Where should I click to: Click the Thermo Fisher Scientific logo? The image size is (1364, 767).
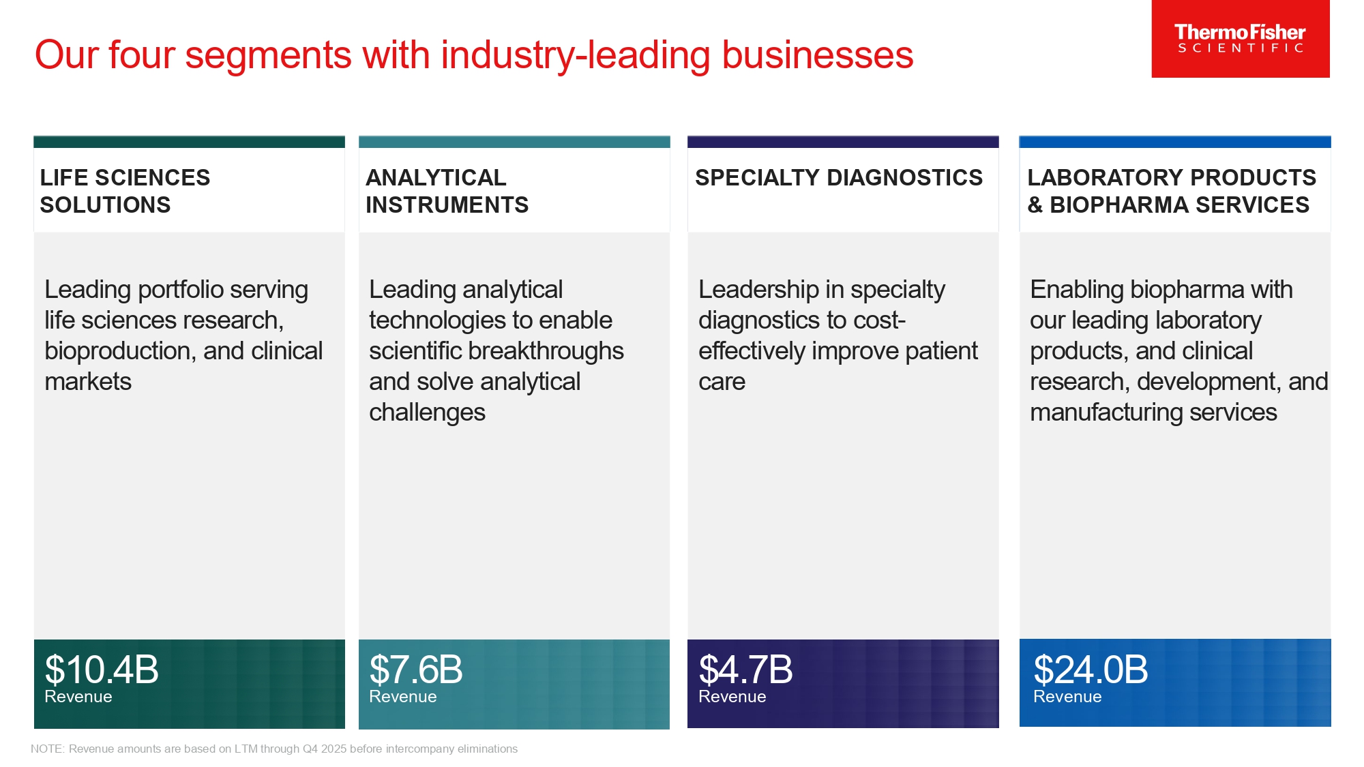(1240, 39)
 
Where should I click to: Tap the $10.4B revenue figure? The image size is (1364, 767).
(102, 670)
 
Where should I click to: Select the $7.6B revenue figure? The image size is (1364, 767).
(416, 670)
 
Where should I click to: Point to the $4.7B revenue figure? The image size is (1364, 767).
(745, 670)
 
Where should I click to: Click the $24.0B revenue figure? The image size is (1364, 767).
(1091, 670)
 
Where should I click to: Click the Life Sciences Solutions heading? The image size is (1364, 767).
(125, 191)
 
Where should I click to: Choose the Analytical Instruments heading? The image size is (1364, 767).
(447, 191)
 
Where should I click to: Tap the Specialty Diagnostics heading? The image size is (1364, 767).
(838, 178)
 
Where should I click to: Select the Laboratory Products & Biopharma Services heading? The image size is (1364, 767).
(1171, 191)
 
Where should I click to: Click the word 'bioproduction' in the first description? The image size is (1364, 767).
(119, 351)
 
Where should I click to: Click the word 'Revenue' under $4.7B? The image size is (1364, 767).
(732, 697)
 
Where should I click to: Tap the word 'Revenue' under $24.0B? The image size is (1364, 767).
(1067, 697)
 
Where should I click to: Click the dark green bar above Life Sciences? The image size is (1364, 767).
(189, 142)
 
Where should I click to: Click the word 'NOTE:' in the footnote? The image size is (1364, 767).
(48, 749)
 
